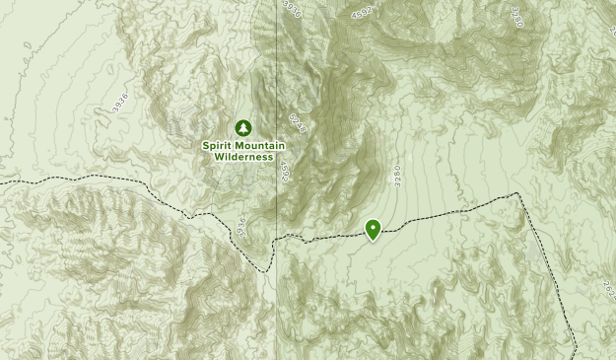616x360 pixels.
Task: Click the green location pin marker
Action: pos(374,229)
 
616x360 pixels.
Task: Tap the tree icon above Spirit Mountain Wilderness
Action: pos(241,127)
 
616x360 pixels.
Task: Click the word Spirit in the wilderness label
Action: pos(219,145)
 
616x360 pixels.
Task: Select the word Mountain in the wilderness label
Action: pos(258,145)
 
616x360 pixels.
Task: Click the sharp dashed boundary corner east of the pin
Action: pos(519,195)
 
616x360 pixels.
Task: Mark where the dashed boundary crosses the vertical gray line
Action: pos(277,237)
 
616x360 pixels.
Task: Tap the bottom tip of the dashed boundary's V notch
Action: pos(267,270)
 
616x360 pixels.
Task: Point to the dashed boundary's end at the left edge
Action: pos(2,183)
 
